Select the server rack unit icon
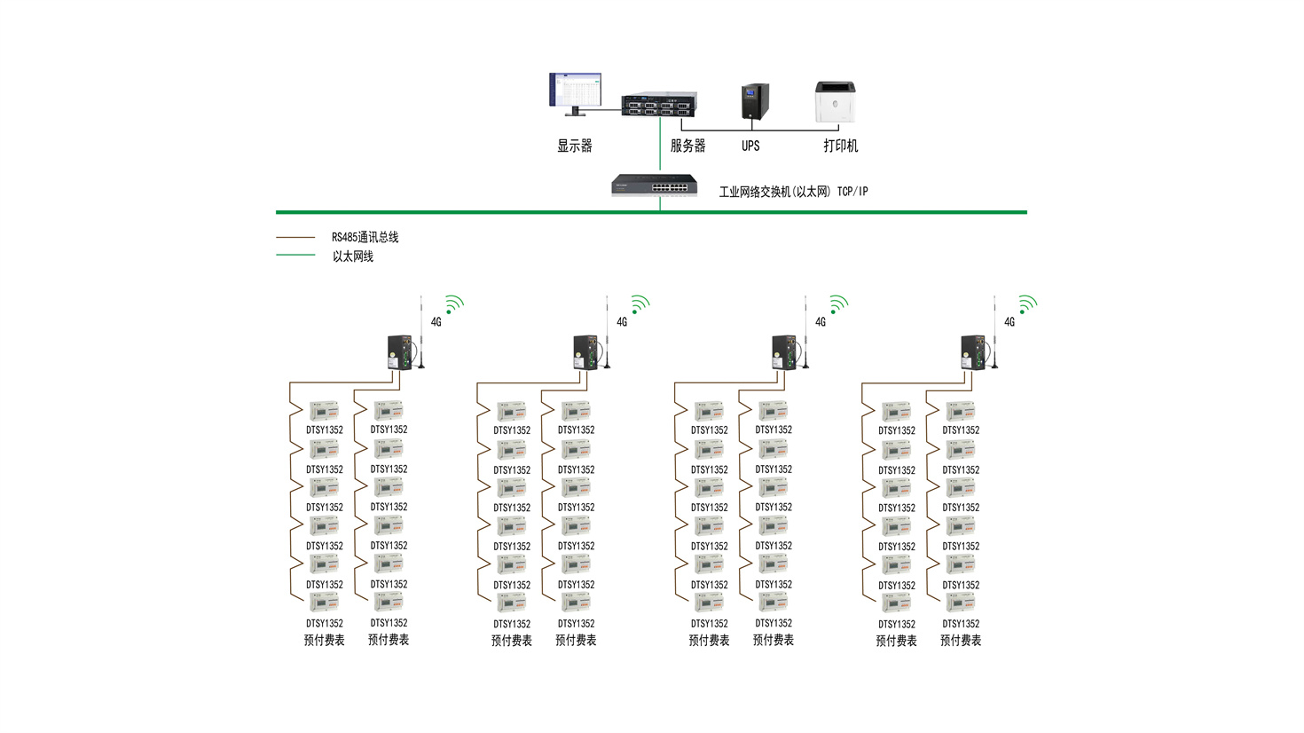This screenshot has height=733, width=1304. [x=658, y=105]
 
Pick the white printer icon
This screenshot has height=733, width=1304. [x=836, y=103]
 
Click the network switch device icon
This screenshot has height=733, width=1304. [x=655, y=185]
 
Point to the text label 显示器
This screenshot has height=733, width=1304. [x=574, y=146]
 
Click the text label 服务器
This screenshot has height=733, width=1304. [x=687, y=146]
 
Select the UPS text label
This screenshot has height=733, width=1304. [x=750, y=146]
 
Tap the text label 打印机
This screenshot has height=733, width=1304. [x=840, y=146]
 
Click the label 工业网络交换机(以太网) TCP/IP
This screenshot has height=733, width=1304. [x=793, y=192]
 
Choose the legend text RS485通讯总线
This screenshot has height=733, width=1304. [x=365, y=238]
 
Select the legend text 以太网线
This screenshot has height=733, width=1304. [x=352, y=256]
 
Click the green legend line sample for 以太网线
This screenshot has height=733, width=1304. [x=295, y=256]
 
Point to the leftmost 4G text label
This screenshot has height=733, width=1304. [x=436, y=322]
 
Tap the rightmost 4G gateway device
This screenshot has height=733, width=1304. [x=973, y=352]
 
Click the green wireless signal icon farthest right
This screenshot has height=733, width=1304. [x=1027, y=305]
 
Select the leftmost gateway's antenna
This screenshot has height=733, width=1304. [x=421, y=332]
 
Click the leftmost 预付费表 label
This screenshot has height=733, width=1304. [x=324, y=641]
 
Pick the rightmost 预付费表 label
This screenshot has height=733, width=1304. [x=961, y=641]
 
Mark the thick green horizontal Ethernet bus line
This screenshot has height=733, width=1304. [x=651, y=212]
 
